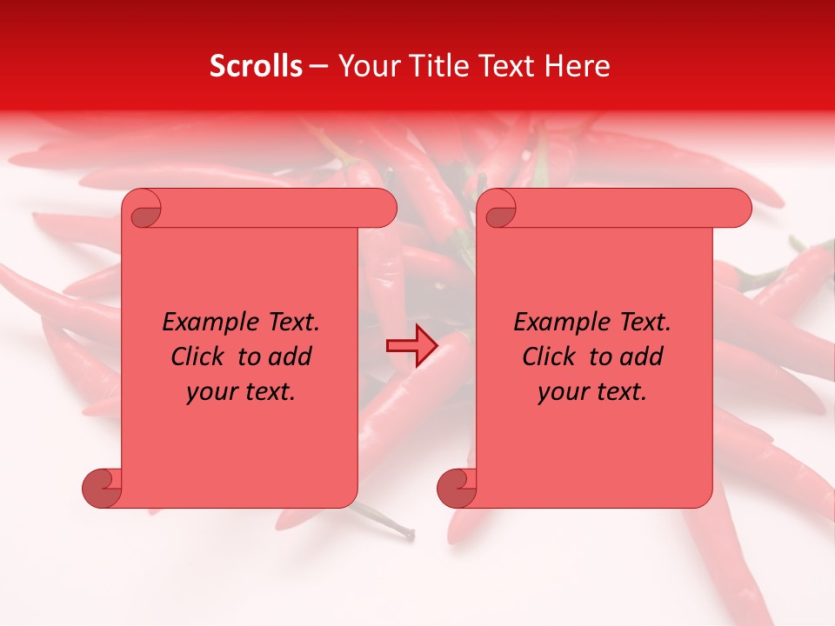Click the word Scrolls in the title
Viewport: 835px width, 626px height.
pos(256,66)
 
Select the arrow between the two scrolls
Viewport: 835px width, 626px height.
pos(411,347)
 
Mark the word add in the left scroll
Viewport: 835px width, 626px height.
pos(291,357)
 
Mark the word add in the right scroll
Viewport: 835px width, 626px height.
pos(643,357)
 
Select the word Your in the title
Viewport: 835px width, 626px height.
pos(363,66)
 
